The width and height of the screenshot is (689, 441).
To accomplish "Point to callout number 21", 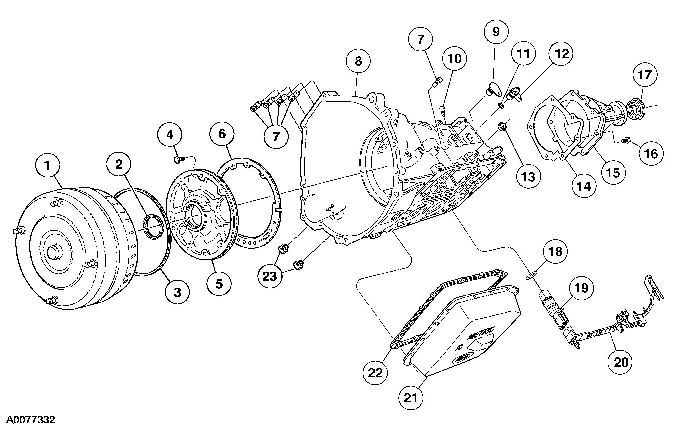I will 411,397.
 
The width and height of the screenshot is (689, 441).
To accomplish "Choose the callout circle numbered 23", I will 270,276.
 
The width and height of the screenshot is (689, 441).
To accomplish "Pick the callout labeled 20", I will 620,361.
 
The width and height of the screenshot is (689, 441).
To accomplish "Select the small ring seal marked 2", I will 153,224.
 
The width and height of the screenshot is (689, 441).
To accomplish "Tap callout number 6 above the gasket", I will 222,133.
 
